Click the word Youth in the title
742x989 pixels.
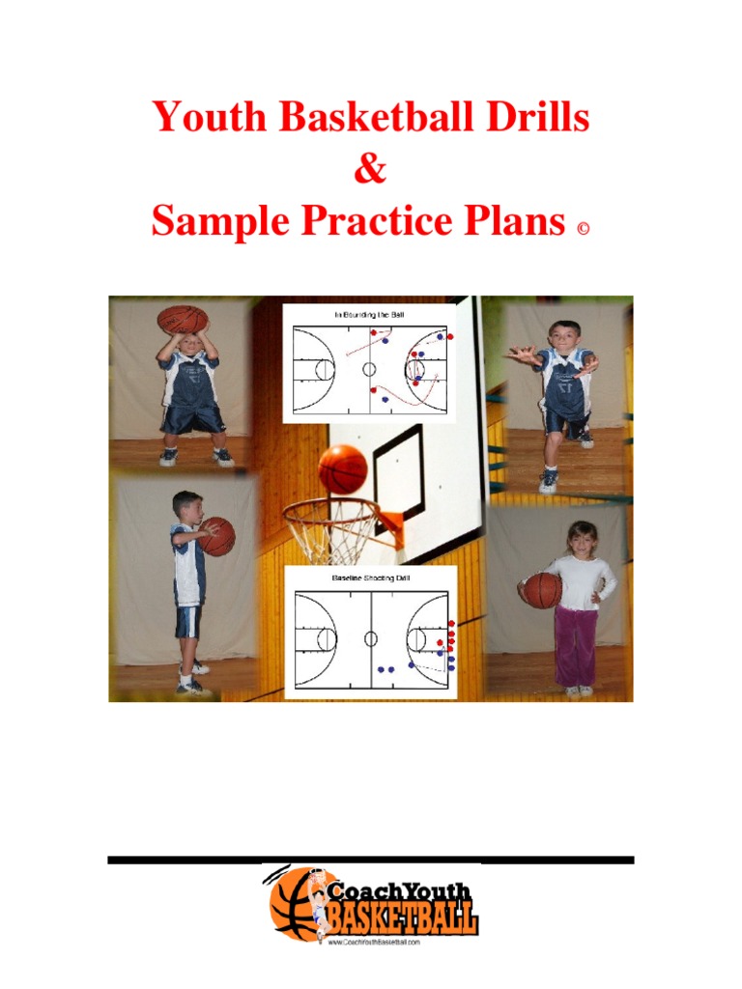click(x=210, y=119)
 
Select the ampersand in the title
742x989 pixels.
click(x=370, y=170)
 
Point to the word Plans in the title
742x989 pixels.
click(x=516, y=222)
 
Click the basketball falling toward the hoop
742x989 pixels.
click(x=342, y=468)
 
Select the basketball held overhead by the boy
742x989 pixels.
click(x=183, y=320)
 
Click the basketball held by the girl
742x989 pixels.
click(x=542, y=589)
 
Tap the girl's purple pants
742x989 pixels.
click(x=576, y=645)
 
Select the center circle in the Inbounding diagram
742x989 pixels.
click(x=369, y=369)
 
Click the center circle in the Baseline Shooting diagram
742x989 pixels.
click(x=370, y=638)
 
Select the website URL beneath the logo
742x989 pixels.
click(x=374, y=942)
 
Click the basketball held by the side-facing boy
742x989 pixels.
click(x=216, y=536)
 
